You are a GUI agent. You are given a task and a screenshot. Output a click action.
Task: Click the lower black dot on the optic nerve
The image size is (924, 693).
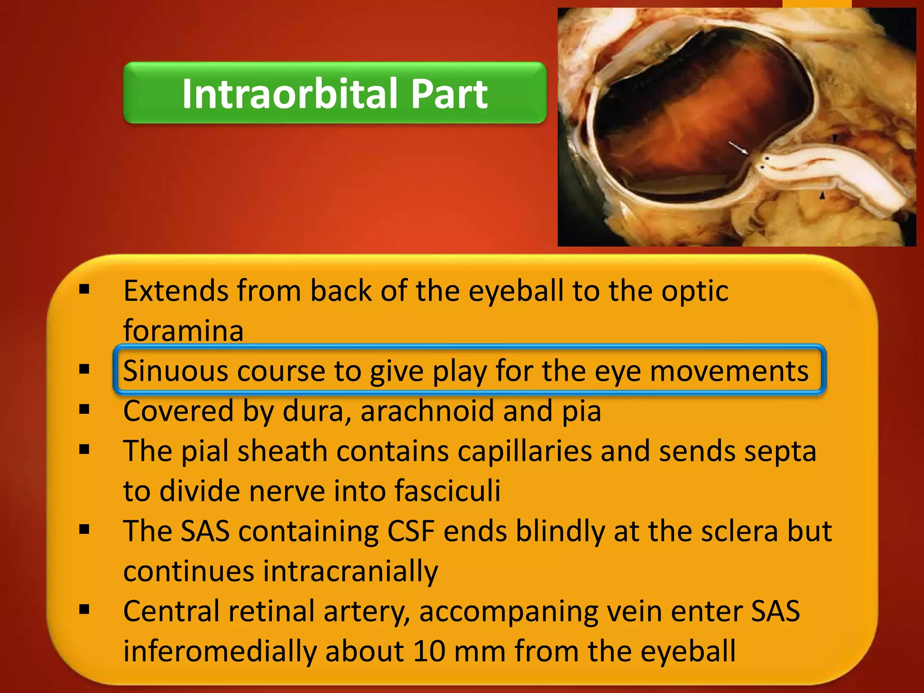tap(762, 167)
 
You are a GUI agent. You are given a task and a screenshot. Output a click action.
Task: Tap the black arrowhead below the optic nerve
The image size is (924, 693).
tap(822, 196)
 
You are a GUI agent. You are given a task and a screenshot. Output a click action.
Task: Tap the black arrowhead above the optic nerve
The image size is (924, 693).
tap(835, 138)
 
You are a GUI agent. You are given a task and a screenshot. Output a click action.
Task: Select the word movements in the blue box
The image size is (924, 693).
tap(729, 371)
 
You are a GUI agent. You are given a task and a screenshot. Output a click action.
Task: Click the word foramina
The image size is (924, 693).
tap(183, 331)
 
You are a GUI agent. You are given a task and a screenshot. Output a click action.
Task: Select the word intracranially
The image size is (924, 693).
tap(350, 571)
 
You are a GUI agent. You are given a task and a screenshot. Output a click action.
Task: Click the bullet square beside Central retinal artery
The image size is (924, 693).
tap(84, 610)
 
